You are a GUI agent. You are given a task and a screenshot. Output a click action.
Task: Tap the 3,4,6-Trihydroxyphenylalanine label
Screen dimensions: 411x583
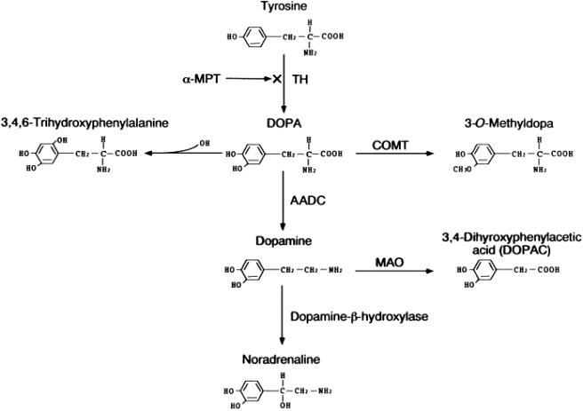pos(84,123)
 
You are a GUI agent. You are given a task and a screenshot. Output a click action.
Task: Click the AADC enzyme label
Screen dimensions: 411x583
pos(307,202)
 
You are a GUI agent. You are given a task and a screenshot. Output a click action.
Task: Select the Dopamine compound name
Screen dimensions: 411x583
pos(283,241)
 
